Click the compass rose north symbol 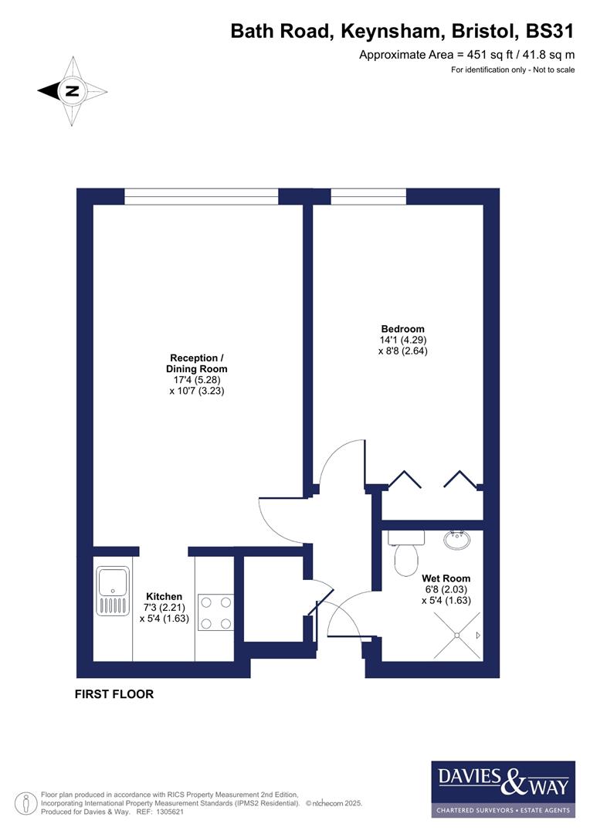72,91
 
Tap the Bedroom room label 402,328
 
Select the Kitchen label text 164,596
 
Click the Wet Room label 446,578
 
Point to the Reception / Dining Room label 197,363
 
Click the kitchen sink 113,591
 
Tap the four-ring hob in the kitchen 215,611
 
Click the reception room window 201,197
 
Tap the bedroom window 368,197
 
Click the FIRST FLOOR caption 114,694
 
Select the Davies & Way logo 503,788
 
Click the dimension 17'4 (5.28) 197,380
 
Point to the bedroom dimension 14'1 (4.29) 402,340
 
